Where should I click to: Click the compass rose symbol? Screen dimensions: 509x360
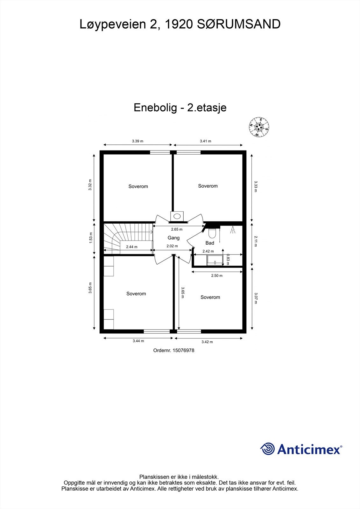pyautogui.click(x=259, y=127)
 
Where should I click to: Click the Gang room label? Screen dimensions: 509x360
pyautogui.click(x=173, y=238)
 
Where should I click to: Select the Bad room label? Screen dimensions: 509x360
pyautogui.click(x=210, y=243)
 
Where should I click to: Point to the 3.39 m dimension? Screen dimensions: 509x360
pyautogui.click(x=138, y=141)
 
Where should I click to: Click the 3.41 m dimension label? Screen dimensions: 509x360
pyautogui.click(x=205, y=141)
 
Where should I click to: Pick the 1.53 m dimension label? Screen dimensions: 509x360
pyautogui.click(x=90, y=238)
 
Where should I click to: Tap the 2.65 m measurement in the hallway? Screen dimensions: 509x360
pyautogui.click(x=177, y=229)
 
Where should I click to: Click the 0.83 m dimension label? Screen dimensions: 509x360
pyautogui.click(x=228, y=259)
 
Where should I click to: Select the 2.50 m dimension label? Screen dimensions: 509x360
pyautogui.click(x=217, y=275)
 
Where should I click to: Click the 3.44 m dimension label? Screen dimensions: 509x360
pyautogui.click(x=138, y=341)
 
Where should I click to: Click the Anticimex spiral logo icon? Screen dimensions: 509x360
pyautogui.click(x=267, y=449)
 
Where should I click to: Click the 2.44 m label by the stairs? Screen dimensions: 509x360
pyautogui.click(x=132, y=247)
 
